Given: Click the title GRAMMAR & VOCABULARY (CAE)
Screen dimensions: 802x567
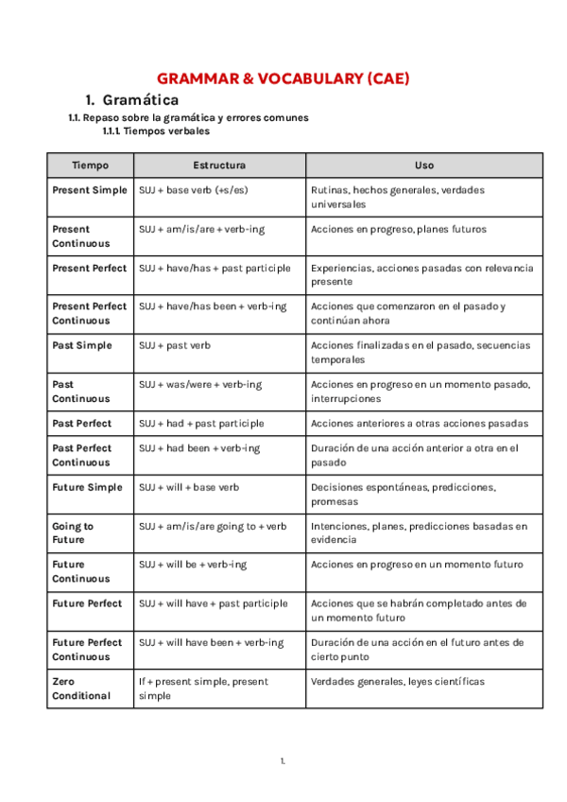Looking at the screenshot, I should point(283,79).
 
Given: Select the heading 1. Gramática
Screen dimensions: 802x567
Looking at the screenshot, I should point(131,100).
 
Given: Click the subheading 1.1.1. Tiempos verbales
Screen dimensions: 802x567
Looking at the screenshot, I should point(156,131).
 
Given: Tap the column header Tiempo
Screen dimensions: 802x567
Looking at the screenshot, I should point(90,166).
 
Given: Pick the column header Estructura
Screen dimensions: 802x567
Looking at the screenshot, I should point(219,166).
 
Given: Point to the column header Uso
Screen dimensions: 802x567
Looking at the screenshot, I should point(423,166).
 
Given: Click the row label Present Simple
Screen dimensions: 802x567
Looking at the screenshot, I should point(89,190).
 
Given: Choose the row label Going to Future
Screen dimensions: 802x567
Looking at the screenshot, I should point(73,532).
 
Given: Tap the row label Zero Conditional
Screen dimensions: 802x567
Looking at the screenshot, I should point(81,689).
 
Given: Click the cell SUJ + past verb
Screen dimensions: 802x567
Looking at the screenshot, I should point(175,346).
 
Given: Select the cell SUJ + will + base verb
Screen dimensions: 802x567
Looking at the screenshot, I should point(189,488).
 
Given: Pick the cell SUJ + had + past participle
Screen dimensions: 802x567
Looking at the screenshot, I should point(201,424).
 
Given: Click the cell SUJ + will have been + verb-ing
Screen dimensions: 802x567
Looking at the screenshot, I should point(211,643).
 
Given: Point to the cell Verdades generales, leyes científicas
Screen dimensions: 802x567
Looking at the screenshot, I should point(397,682).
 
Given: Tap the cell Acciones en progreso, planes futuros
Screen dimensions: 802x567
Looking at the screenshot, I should point(398,229).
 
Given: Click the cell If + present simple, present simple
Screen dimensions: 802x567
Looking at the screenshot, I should point(203,689).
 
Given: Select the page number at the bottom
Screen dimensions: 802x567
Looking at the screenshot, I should point(283,761).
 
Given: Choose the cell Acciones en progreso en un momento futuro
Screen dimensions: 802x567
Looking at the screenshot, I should point(416,565).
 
